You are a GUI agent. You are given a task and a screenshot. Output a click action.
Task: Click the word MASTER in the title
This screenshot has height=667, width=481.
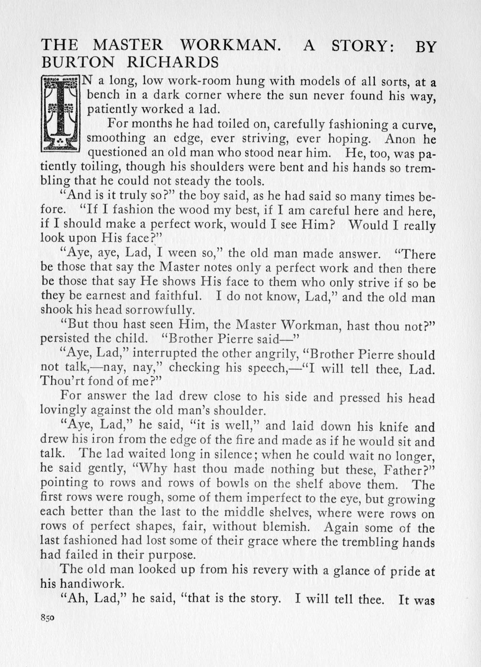pos(127,46)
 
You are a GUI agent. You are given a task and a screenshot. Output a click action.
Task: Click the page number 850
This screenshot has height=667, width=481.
pos(48,617)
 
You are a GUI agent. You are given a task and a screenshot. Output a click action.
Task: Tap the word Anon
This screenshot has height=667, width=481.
pos(400,139)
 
